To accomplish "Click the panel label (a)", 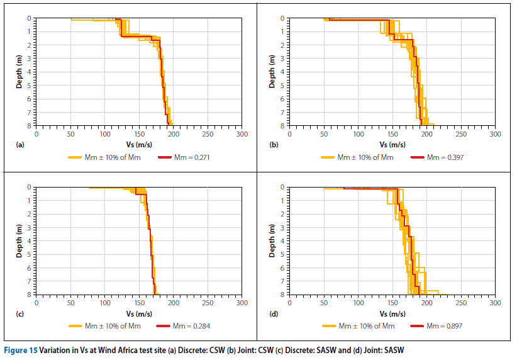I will pyautogui.click(x=19, y=145).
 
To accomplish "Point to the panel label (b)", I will pyautogui.click(x=274, y=145).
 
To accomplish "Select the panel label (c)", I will pyautogui.click(x=19, y=313).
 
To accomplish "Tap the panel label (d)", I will pyautogui.click(x=274, y=313).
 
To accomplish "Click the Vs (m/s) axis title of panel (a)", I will pyautogui.click(x=138, y=144).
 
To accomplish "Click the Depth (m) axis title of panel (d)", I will pyautogui.click(x=272, y=242).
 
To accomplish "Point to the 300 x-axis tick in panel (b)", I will pyautogui.click(x=495, y=134).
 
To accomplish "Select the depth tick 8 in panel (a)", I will pyautogui.click(x=30, y=126).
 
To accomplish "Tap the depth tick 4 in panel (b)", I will pyautogui.click(x=284, y=72).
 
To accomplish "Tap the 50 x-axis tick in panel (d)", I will pyautogui.click(x=323, y=303).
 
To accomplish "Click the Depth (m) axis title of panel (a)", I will pyautogui.click(x=19, y=72).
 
